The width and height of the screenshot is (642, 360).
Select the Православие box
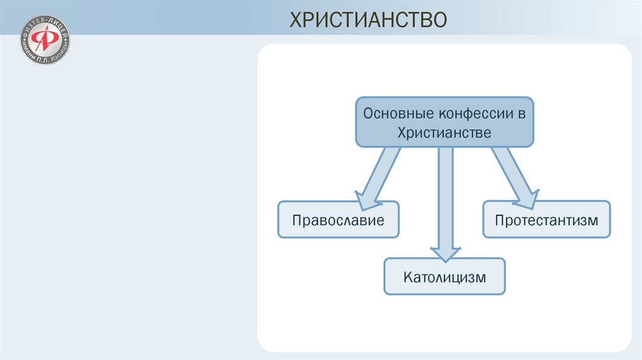[338, 220]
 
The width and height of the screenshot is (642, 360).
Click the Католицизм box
[445, 277]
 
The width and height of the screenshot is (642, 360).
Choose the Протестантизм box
[546, 220]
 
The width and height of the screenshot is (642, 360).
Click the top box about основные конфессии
[445, 122]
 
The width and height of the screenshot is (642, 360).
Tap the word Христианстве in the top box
[445, 132]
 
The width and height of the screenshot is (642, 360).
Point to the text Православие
[338, 220]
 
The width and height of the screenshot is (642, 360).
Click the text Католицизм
[445, 277]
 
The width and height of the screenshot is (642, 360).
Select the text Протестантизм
[546, 220]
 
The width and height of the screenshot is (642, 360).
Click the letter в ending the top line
[521, 114]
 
